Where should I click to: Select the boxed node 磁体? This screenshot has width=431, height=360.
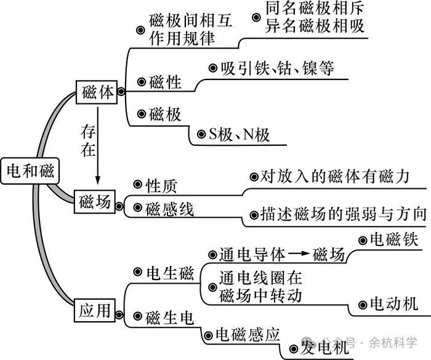(97, 92)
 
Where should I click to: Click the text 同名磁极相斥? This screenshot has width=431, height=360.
(315, 9)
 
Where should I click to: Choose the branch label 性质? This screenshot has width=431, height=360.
(161, 186)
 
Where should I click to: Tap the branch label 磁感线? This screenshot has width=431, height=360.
(170, 210)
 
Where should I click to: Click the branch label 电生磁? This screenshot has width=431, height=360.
(170, 273)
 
